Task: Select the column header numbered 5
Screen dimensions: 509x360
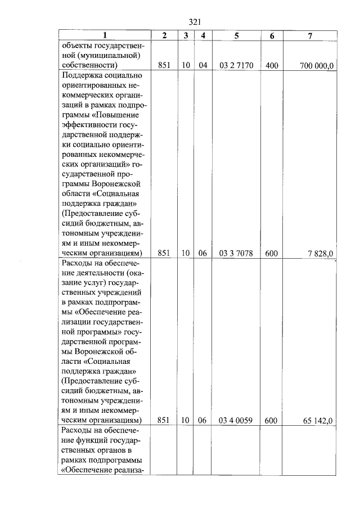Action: coord(237,35)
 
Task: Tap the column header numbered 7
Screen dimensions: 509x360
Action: coord(310,35)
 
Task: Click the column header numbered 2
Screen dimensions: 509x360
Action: coord(164,35)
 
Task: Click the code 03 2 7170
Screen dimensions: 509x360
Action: coord(236,66)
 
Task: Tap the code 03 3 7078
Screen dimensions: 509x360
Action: coord(236,253)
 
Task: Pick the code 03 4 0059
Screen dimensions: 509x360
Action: coord(236,420)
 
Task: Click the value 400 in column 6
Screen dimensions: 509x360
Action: coord(272,66)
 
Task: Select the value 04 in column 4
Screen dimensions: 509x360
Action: coord(203,66)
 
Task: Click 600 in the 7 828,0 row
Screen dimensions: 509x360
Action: coord(272,253)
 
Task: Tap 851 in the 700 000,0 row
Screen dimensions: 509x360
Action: coord(164,66)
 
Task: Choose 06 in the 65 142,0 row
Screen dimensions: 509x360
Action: coord(203,420)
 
